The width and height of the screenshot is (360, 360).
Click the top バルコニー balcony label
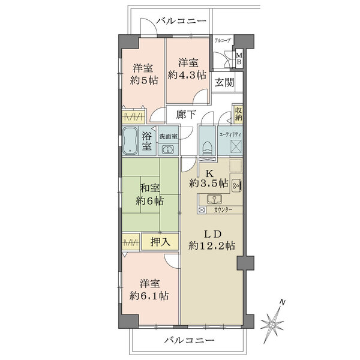tap(181, 22)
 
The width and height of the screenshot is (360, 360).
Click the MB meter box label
tap(238, 59)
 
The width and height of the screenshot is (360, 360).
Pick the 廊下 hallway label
tap(186, 115)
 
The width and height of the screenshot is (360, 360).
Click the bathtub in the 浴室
tap(130, 141)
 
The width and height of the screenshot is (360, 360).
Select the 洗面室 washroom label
tap(168, 136)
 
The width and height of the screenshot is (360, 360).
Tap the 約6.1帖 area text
tap(151, 295)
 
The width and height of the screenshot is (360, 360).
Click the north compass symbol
tap(275, 323)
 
